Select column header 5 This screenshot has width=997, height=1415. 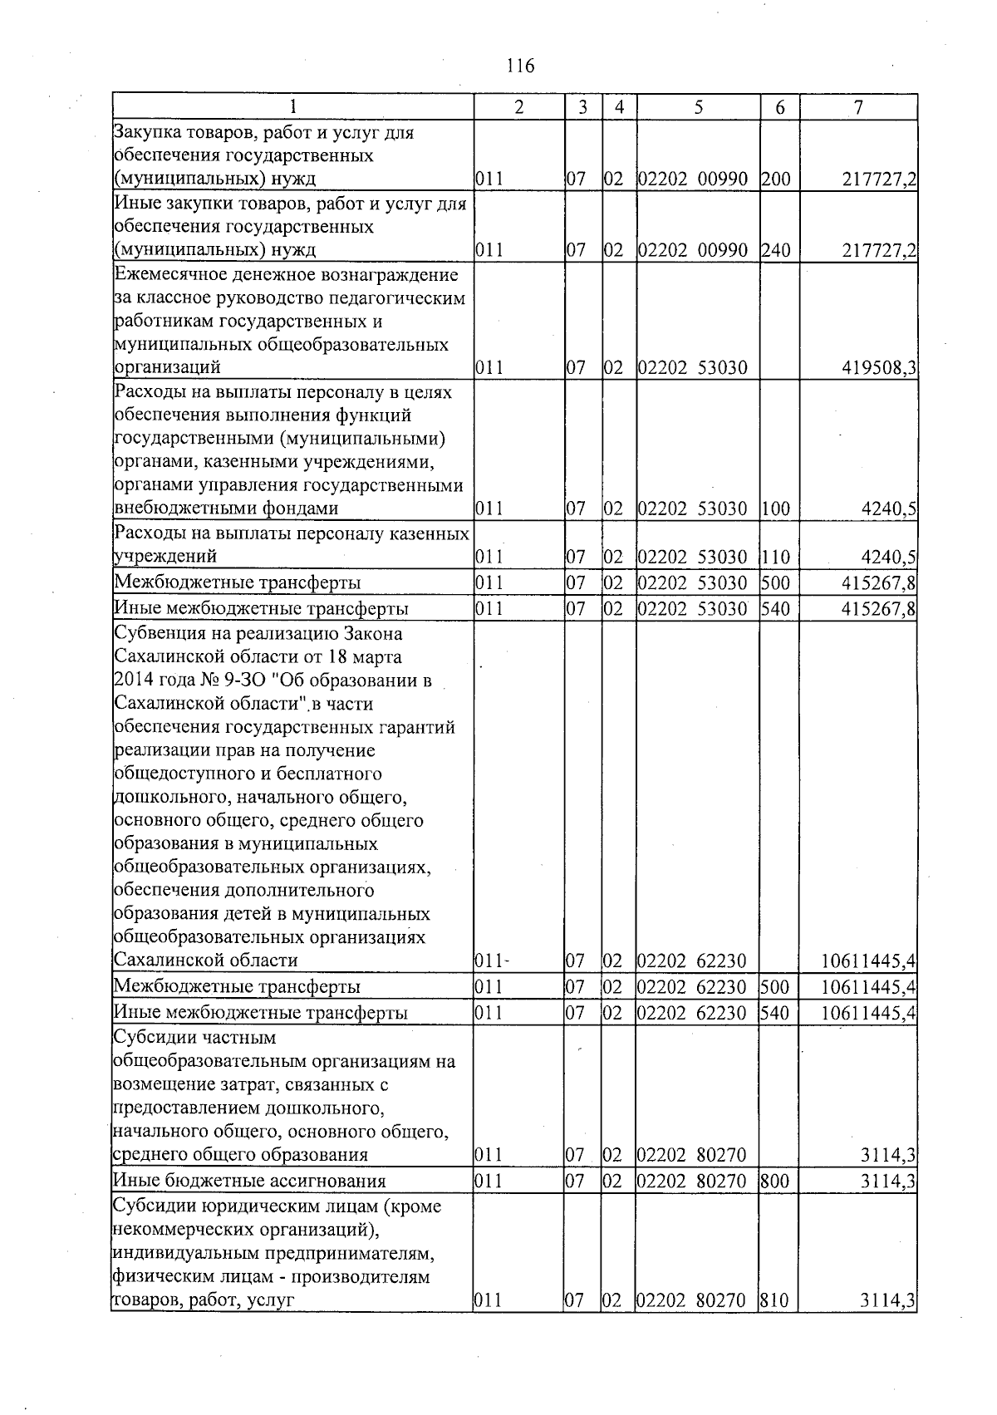tap(699, 107)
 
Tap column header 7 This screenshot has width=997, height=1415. tap(858, 107)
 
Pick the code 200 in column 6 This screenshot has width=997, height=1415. tap(775, 179)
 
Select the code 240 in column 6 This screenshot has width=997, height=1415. tap(775, 250)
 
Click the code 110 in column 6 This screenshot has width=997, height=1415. tap(775, 557)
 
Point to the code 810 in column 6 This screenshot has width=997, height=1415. tap(775, 1301)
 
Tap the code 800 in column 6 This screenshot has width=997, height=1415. tap(775, 1182)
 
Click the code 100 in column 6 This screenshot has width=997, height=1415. tap(775, 509)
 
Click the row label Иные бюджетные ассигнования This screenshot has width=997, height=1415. tap(249, 1182)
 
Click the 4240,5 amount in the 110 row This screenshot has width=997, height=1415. tap(889, 557)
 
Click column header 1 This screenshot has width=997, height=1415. tap(292, 107)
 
